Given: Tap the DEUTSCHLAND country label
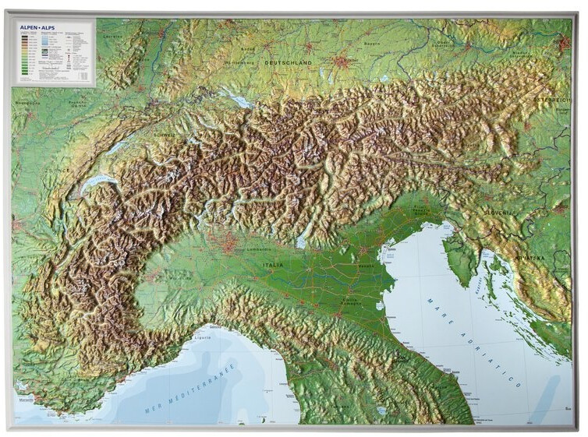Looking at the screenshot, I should coord(287,62).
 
